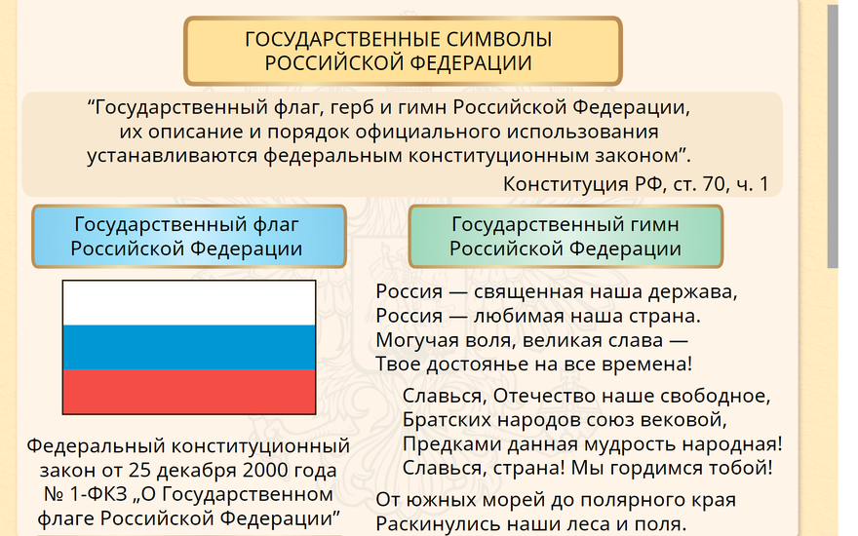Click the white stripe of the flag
[189, 303]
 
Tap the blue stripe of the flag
[189, 347]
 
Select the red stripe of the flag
[189, 391]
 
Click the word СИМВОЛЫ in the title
[498, 39]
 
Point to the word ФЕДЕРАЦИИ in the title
[471, 63]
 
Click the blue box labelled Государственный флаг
[189, 236]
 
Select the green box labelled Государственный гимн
[565, 236]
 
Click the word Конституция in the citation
[565, 184]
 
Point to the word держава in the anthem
[693, 292]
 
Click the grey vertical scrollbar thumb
[833, 136]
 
